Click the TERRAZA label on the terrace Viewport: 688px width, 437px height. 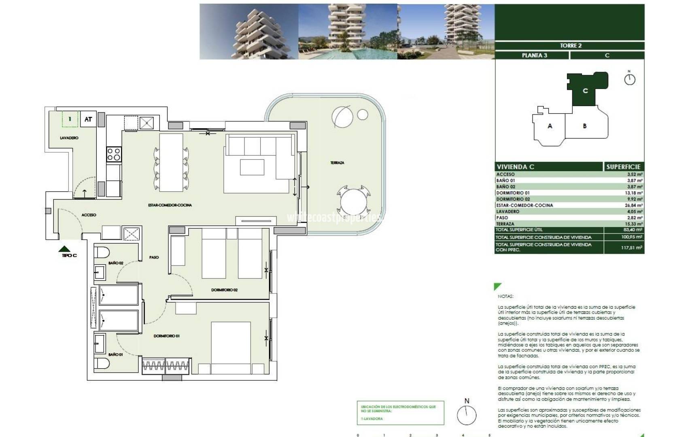click(x=337, y=163)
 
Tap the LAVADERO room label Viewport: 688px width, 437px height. click(x=69, y=138)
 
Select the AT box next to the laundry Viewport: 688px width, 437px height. click(x=88, y=119)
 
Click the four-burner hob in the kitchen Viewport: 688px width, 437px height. click(x=114, y=154)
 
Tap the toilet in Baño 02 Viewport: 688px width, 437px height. click(x=102, y=252)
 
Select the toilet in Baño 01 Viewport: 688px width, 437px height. click(x=102, y=363)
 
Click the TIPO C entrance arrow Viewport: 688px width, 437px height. click(x=65, y=249)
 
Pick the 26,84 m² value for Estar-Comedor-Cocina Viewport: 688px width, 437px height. click(x=635, y=205)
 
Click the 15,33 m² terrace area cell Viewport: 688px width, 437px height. click(x=635, y=224)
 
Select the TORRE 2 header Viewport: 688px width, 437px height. click(x=571, y=46)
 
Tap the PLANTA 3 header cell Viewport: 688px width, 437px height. click(x=534, y=55)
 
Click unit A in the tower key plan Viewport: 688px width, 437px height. click(x=550, y=126)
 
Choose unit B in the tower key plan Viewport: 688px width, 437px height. click(x=584, y=126)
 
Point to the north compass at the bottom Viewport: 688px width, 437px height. click(x=467, y=414)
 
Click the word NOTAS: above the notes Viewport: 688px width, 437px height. click(x=505, y=296)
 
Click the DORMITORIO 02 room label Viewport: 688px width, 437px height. click(x=224, y=290)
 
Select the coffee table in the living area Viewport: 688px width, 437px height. click(x=252, y=167)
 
